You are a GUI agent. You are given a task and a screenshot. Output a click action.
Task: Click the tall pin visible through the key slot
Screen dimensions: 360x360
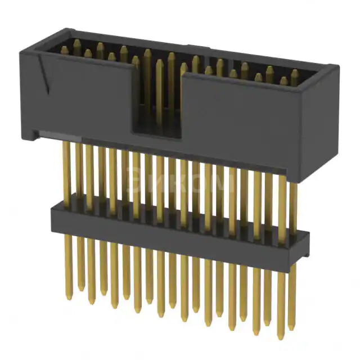160,90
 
